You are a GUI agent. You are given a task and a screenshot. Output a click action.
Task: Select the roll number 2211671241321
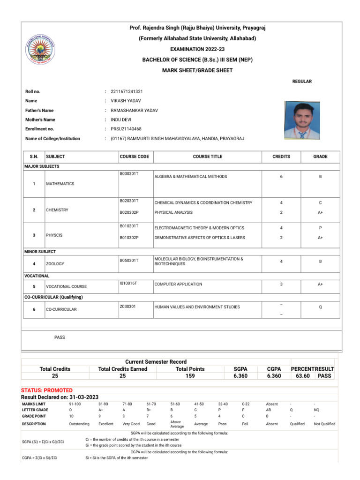127,91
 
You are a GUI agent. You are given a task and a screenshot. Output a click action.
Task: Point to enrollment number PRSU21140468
126,129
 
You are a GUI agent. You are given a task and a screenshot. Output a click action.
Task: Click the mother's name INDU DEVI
122,120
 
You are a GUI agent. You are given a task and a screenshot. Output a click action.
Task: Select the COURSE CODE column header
134,157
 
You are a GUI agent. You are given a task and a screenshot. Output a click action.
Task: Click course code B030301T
129,174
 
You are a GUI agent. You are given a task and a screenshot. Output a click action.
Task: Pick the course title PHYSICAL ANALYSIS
173,212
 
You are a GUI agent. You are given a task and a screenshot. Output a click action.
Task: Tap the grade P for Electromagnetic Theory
320,228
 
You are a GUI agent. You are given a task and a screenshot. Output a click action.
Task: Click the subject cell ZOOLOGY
55,264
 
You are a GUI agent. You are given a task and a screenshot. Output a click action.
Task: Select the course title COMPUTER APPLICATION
178,284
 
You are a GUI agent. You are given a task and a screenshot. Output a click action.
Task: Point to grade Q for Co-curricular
320,307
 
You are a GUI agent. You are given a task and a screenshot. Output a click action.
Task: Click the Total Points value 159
190,376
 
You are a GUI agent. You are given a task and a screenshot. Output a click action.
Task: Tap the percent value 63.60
303,376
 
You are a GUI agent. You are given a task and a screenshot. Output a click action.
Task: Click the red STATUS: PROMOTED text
47,390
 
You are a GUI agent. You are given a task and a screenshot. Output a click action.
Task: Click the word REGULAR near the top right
302,82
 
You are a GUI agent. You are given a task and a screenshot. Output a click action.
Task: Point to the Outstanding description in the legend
79,424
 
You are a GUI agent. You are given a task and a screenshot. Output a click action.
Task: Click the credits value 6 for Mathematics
281,177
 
